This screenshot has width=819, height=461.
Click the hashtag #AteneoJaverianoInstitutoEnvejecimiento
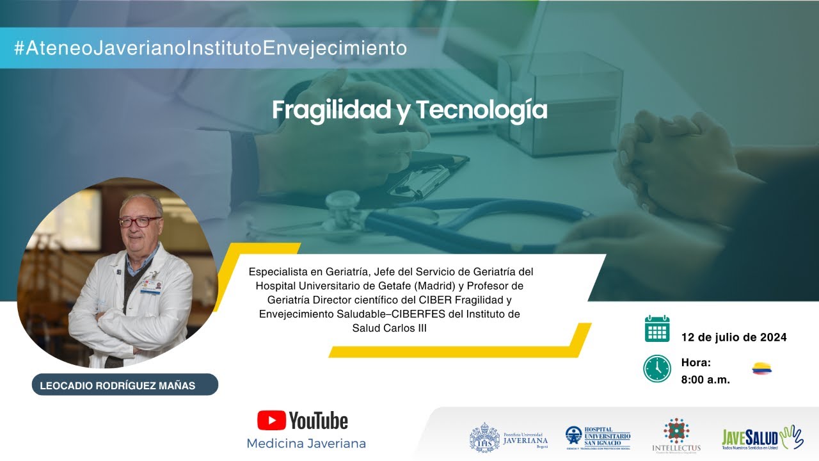click(211, 48)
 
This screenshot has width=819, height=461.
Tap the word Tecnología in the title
click(482, 110)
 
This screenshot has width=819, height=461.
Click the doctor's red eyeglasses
click(139, 222)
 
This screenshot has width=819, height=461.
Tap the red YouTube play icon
click(271, 420)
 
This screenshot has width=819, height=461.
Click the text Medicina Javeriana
click(306, 443)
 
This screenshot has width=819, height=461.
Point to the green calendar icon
click(657, 328)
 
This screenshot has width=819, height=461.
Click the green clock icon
click(657, 369)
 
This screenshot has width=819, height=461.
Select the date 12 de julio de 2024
click(734, 337)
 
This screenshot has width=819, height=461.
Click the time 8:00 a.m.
click(706, 380)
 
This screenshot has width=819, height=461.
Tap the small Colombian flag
click(761, 368)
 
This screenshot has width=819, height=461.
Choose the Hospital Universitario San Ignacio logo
click(598, 438)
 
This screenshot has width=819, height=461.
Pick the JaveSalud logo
click(762, 437)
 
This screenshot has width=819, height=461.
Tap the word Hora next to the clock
click(696, 362)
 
